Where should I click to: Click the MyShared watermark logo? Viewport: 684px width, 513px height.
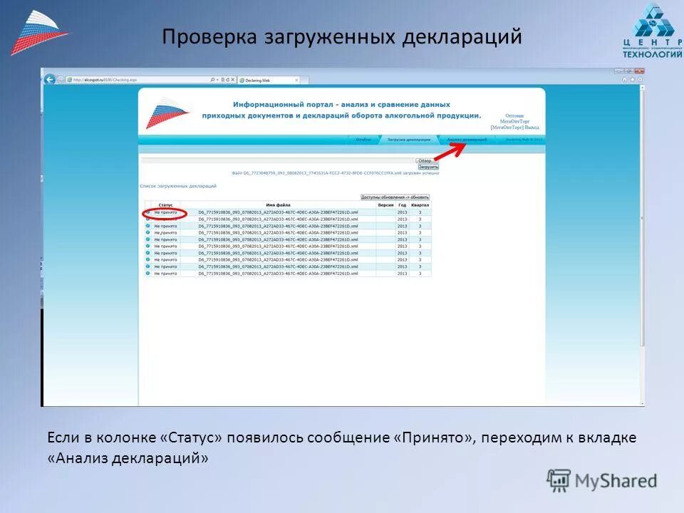602,481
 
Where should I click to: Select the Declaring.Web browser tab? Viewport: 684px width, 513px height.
267,81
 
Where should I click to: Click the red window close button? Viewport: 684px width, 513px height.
639,71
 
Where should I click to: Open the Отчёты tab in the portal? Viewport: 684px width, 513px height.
363,140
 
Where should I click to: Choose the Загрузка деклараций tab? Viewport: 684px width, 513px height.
408,140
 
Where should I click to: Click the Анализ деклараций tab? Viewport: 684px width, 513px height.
467,140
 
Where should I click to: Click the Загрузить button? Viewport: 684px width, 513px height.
428,167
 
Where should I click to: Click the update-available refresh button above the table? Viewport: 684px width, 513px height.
395,197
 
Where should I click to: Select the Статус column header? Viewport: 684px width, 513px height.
165,205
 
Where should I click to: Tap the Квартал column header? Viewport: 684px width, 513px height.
420,205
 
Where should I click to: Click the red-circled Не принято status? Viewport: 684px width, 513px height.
165,212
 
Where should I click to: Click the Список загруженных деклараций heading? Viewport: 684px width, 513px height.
178,186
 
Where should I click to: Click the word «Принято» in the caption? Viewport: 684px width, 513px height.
433,437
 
